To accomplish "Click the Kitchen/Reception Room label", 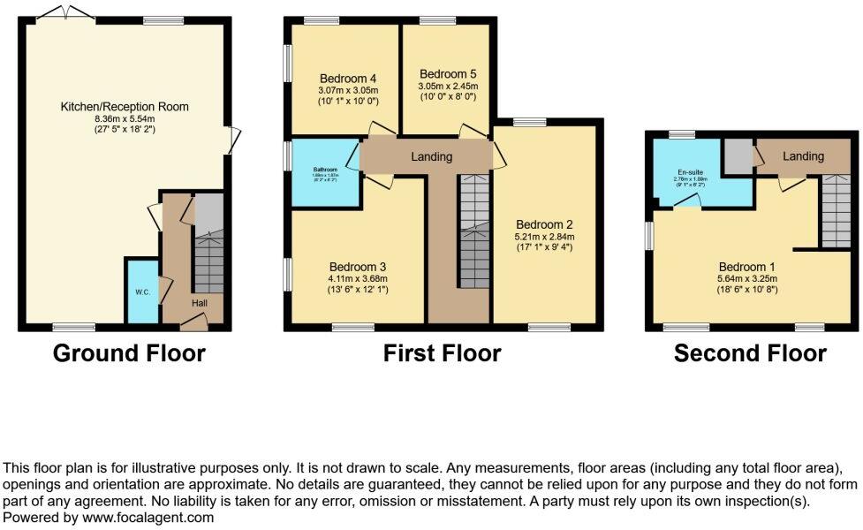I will click(125, 107).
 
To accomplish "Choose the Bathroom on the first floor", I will click(324, 170).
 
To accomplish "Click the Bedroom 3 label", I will click(358, 266).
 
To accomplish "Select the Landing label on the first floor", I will click(431, 156).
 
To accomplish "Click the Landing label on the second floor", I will click(803, 156).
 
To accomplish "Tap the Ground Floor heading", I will click(129, 354).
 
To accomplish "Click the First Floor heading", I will click(442, 354).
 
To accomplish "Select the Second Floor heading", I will click(750, 354).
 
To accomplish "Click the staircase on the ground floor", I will click(208, 256).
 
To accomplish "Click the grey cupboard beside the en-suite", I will click(736, 156).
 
